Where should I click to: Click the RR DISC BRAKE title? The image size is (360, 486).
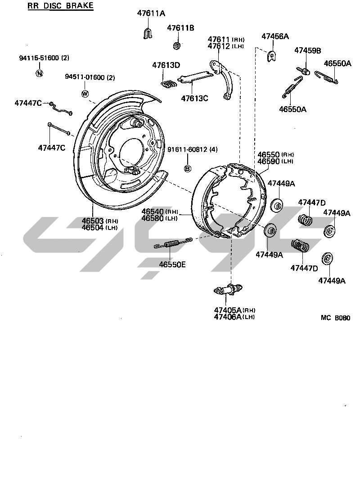pyautogui.click(x=60, y=6)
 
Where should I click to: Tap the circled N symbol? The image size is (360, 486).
pyautogui.click(x=40, y=73)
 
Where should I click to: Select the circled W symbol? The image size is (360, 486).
pyautogui.click(x=84, y=93)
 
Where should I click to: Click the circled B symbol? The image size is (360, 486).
pyautogui.click(x=188, y=168)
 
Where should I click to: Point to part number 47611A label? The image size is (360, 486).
pyautogui.click(x=151, y=13)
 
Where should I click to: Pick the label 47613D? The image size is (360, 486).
pyautogui.click(x=166, y=65)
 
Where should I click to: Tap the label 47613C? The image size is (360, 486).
pyautogui.click(x=194, y=97)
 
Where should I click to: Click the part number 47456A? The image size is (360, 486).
pyautogui.click(x=275, y=36)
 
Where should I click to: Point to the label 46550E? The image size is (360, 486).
pyautogui.click(x=172, y=265)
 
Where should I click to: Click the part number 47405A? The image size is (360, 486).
pyautogui.click(x=227, y=310)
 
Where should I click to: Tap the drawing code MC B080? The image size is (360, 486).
pyautogui.click(x=335, y=317)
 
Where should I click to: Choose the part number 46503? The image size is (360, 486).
pyautogui.click(x=93, y=221)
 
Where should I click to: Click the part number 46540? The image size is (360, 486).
pyautogui.click(x=153, y=211)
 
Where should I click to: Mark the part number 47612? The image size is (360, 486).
pyautogui.click(x=219, y=46)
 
